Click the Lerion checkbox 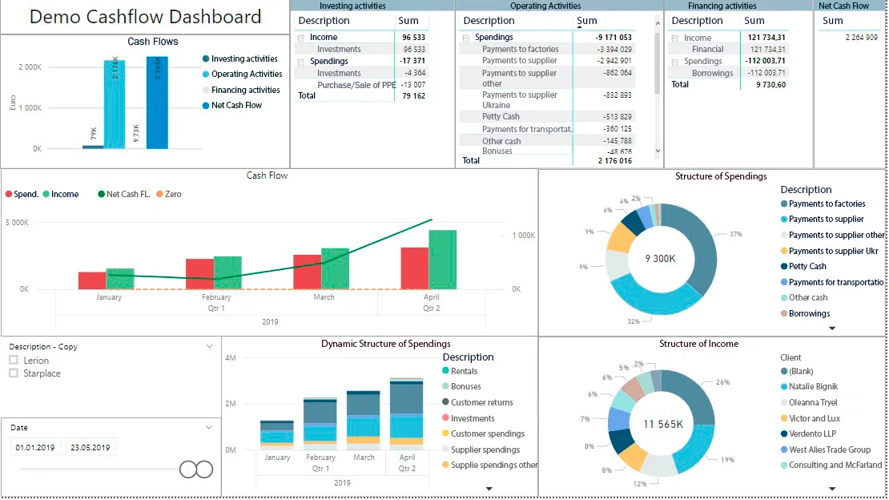(x=14, y=361)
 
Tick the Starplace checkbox (x=14, y=373)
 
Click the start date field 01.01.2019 (x=35, y=447)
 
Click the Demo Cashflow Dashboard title (x=145, y=17)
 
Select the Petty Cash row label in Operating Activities (x=501, y=117)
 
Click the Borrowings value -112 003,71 (x=762, y=73)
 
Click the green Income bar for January (x=120, y=278)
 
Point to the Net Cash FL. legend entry (x=123, y=194)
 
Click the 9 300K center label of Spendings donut (x=661, y=259)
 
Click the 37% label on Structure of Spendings (x=736, y=234)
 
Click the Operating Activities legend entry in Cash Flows (x=246, y=75)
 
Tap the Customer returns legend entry (x=481, y=403)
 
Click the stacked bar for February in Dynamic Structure (x=320, y=421)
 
